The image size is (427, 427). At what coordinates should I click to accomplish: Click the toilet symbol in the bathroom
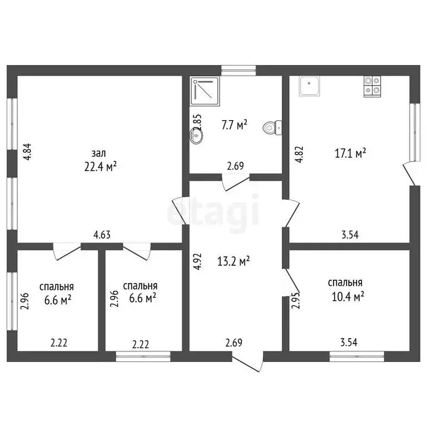point(272,127)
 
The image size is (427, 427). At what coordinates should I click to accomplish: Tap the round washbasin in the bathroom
point(196,135)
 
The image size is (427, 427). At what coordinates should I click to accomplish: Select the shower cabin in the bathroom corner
point(205,91)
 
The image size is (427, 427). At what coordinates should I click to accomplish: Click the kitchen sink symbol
point(310,86)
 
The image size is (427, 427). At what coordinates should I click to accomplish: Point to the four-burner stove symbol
point(373,86)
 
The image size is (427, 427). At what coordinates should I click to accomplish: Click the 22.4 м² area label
point(101,166)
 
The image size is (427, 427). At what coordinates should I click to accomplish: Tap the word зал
point(98,153)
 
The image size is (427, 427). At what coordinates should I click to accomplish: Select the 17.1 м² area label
point(350,153)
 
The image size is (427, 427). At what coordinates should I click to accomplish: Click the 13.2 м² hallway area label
point(234,261)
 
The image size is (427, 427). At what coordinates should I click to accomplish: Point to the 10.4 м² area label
point(348,296)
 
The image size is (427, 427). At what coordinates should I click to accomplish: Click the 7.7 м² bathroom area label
point(235,125)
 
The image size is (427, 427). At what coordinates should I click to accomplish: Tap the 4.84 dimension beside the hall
point(28,152)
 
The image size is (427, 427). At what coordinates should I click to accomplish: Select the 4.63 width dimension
point(102,235)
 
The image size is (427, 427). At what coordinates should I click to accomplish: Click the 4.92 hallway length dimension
point(198,261)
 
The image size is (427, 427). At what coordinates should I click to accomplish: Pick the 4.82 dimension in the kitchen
point(300,155)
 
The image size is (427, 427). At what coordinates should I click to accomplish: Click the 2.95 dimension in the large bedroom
point(296,300)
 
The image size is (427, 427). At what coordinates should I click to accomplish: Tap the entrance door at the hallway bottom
point(247,361)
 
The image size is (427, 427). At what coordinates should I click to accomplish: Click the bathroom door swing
point(236,182)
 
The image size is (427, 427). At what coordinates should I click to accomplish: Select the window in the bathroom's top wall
point(239,70)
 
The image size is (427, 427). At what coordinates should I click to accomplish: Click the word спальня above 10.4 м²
point(345,282)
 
